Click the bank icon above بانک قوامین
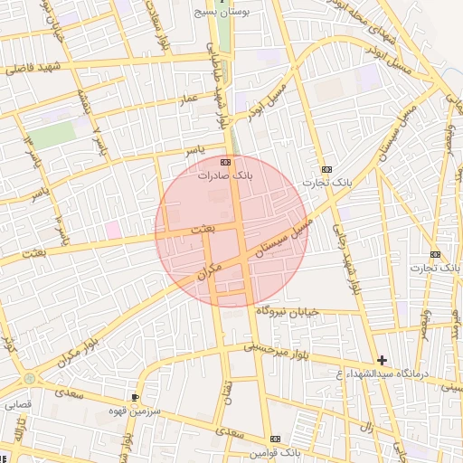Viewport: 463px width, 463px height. (276, 439)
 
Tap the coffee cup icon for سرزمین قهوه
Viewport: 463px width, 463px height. (136, 398)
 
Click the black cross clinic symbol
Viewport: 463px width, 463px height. (382, 360)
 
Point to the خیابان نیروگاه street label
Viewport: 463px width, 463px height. (288, 311)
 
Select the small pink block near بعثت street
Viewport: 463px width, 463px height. (113, 230)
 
